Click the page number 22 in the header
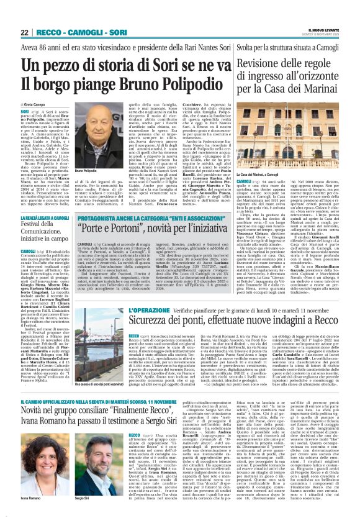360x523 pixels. [x=25, y=32]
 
